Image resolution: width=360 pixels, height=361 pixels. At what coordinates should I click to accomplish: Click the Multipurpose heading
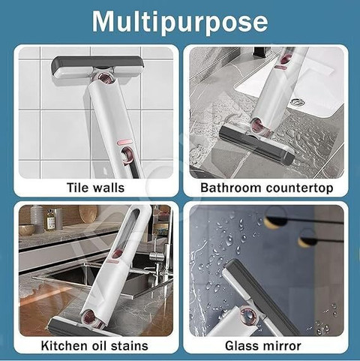point(180,22)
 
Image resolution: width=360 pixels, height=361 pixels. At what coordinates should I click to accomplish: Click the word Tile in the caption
point(76,188)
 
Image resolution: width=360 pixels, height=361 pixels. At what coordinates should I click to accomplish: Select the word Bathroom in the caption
point(230,188)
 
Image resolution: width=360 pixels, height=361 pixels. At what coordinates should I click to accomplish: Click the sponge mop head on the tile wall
point(97,69)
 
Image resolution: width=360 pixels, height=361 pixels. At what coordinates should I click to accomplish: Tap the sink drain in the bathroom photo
point(297,102)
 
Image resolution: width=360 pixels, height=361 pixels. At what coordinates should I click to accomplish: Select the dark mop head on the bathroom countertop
point(256,145)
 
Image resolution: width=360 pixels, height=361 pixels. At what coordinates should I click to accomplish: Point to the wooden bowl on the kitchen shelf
point(26,230)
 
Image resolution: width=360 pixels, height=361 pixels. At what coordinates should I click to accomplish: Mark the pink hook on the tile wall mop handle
point(127,156)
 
